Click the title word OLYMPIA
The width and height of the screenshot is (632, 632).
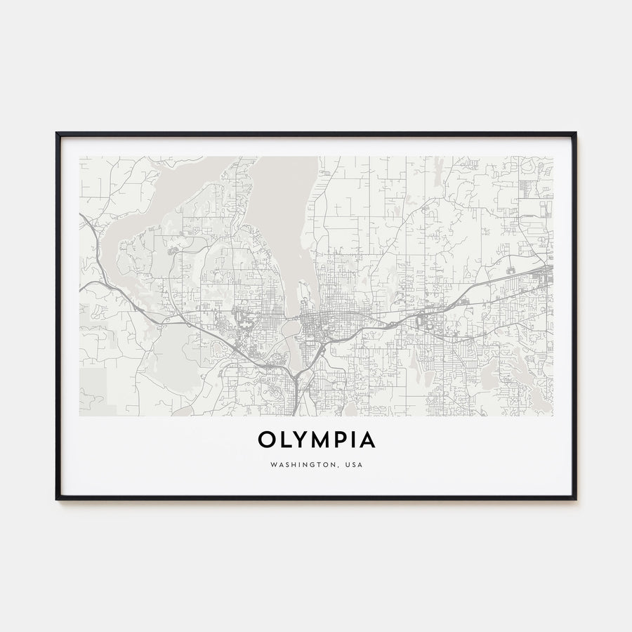click(316, 440)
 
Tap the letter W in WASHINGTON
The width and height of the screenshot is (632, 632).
click(272, 464)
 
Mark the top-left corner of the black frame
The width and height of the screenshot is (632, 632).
click(57, 133)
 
